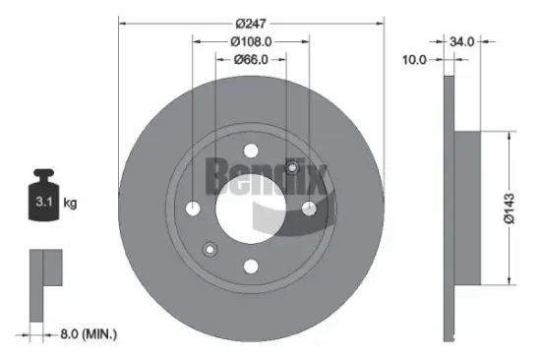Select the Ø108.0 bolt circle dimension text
click(250, 41)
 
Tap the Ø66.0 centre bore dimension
click(250, 61)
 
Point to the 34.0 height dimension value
click(462, 41)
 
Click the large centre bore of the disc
click(250, 209)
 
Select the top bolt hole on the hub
click(250, 151)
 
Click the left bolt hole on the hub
click(193, 209)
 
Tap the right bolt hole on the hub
click(308, 209)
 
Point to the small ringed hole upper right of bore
click(292, 168)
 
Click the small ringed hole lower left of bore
click(208, 249)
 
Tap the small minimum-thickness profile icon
click(43, 284)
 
